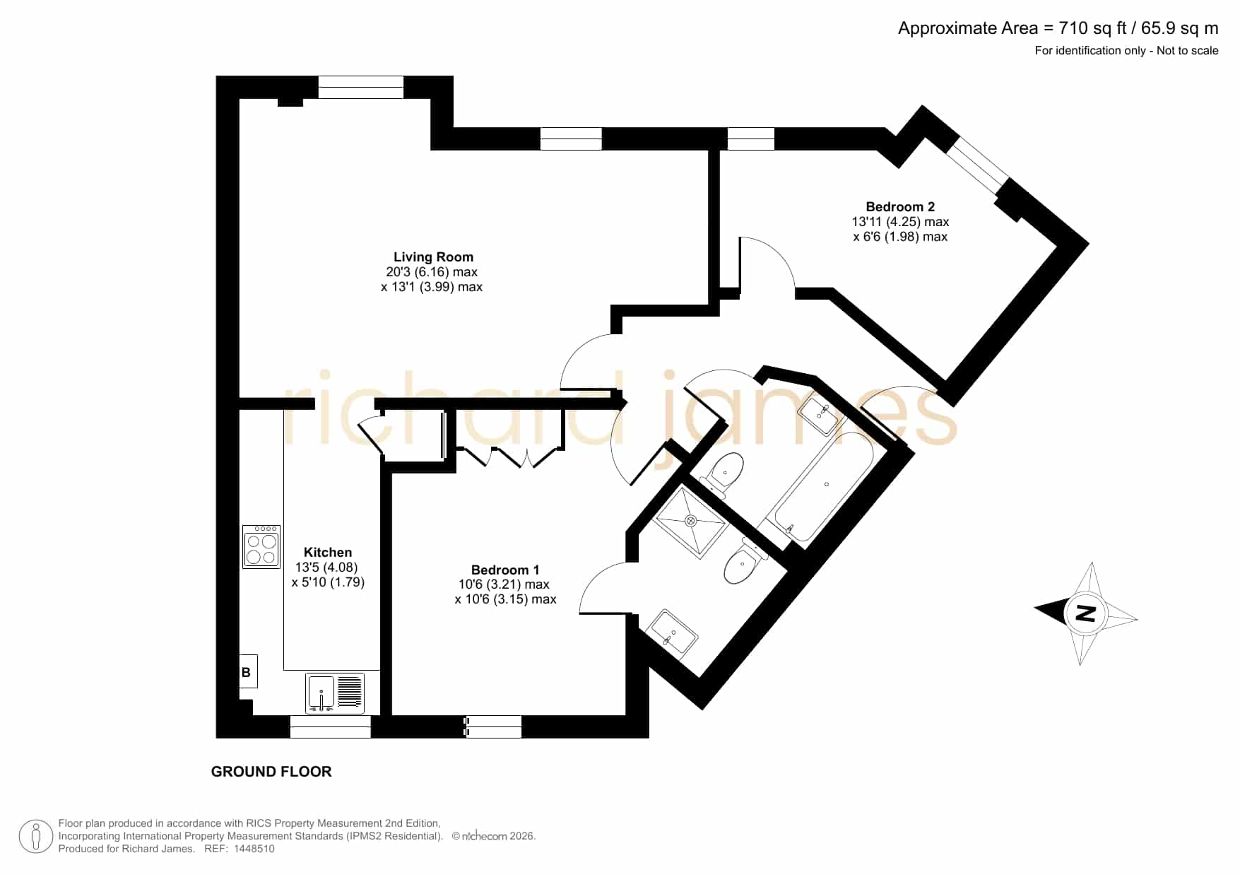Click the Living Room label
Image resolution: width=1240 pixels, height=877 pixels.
[433, 257]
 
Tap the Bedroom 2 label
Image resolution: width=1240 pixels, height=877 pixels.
[900, 207]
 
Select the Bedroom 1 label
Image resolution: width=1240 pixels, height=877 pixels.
[505, 570]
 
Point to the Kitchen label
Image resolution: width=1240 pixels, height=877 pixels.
[328, 553]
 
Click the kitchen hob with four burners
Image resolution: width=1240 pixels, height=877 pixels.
[261, 547]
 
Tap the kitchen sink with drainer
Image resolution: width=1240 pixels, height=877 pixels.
[336, 693]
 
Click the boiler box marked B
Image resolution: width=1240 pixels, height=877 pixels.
[248, 671]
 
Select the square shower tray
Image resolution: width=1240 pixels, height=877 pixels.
[691, 521]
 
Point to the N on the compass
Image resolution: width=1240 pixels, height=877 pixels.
[1085, 613]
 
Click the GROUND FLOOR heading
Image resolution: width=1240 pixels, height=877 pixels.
[271, 772]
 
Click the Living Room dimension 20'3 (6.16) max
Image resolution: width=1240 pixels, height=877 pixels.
[432, 272]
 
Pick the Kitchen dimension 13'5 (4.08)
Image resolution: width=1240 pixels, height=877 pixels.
[326, 567]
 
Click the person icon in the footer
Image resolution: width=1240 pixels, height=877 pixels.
[35, 837]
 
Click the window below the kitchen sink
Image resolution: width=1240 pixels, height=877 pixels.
[331, 726]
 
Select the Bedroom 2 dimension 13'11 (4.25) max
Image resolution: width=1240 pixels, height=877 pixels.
[900, 222]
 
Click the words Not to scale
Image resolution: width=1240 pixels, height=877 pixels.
[1188, 50]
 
